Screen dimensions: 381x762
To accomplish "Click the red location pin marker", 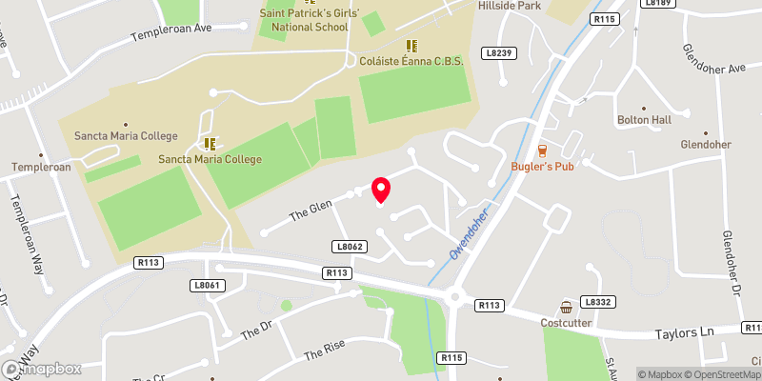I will [x=381, y=190].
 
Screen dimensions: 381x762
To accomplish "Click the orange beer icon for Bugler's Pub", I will [x=542, y=150].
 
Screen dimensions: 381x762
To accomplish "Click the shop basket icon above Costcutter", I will [x=567, y=307].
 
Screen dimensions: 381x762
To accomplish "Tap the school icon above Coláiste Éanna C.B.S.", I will [x=412, y=45].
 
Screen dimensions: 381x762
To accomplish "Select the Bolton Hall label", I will [x=644, y=120].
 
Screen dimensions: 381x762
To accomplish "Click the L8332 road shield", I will [x=597, y=302].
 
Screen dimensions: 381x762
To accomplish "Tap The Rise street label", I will [x=324, y=353].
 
